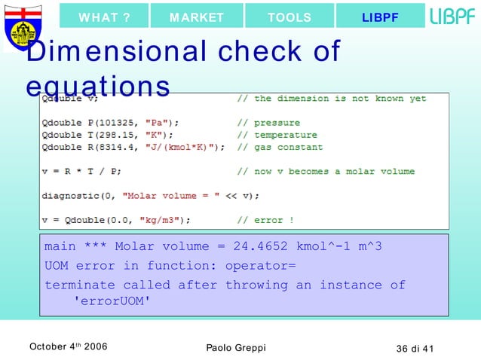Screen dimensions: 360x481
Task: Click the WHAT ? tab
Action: (105, 17)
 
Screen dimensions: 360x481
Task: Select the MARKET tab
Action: (197, 17)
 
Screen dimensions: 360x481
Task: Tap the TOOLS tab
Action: (290, 17)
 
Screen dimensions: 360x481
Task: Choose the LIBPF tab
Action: (380, 17)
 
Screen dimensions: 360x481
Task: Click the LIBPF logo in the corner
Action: (452, 17)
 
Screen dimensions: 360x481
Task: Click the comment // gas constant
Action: (280, 147)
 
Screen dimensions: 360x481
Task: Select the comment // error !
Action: (265, 220)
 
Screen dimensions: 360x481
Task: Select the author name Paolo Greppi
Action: (235, 347)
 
